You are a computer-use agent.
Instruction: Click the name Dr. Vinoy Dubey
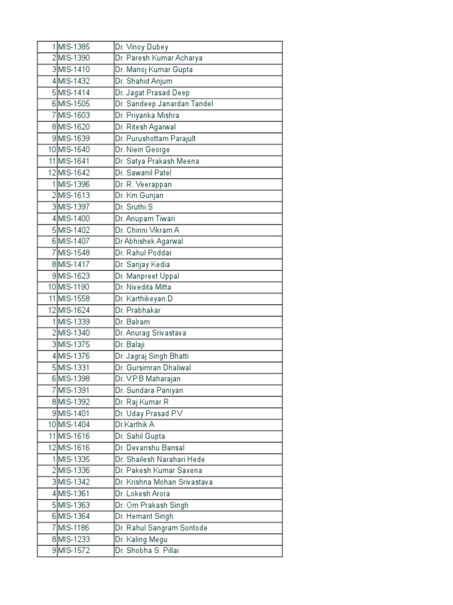click(142, 47)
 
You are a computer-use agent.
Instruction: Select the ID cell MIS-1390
click(74, 58)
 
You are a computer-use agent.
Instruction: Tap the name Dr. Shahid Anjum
click(144, 81)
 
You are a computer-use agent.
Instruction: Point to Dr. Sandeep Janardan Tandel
click(164, 104)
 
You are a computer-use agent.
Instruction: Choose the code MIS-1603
click(74, 115)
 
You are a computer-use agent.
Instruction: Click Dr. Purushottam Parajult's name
click(156, 138)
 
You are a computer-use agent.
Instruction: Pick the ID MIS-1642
click(74, 173)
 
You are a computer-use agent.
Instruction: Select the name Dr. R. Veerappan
click(143, 184)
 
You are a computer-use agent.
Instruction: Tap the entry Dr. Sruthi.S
click(134, 207)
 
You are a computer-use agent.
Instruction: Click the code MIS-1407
click(74, 241)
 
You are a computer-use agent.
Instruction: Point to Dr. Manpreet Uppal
click(147, 276)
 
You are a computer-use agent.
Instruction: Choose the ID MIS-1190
click(74, 287)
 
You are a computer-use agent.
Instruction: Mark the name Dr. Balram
click(133, 322)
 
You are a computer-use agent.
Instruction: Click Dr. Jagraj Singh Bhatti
click(152, 356)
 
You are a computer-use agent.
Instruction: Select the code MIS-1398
click(74, 379)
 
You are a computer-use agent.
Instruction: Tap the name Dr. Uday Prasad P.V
click(149, 414)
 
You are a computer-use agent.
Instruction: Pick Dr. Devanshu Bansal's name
click(150, 448)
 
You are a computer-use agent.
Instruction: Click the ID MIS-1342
click(74, 482)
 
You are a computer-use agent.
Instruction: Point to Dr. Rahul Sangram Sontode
click(161, 528)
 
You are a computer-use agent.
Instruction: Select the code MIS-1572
click(74, 551)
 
